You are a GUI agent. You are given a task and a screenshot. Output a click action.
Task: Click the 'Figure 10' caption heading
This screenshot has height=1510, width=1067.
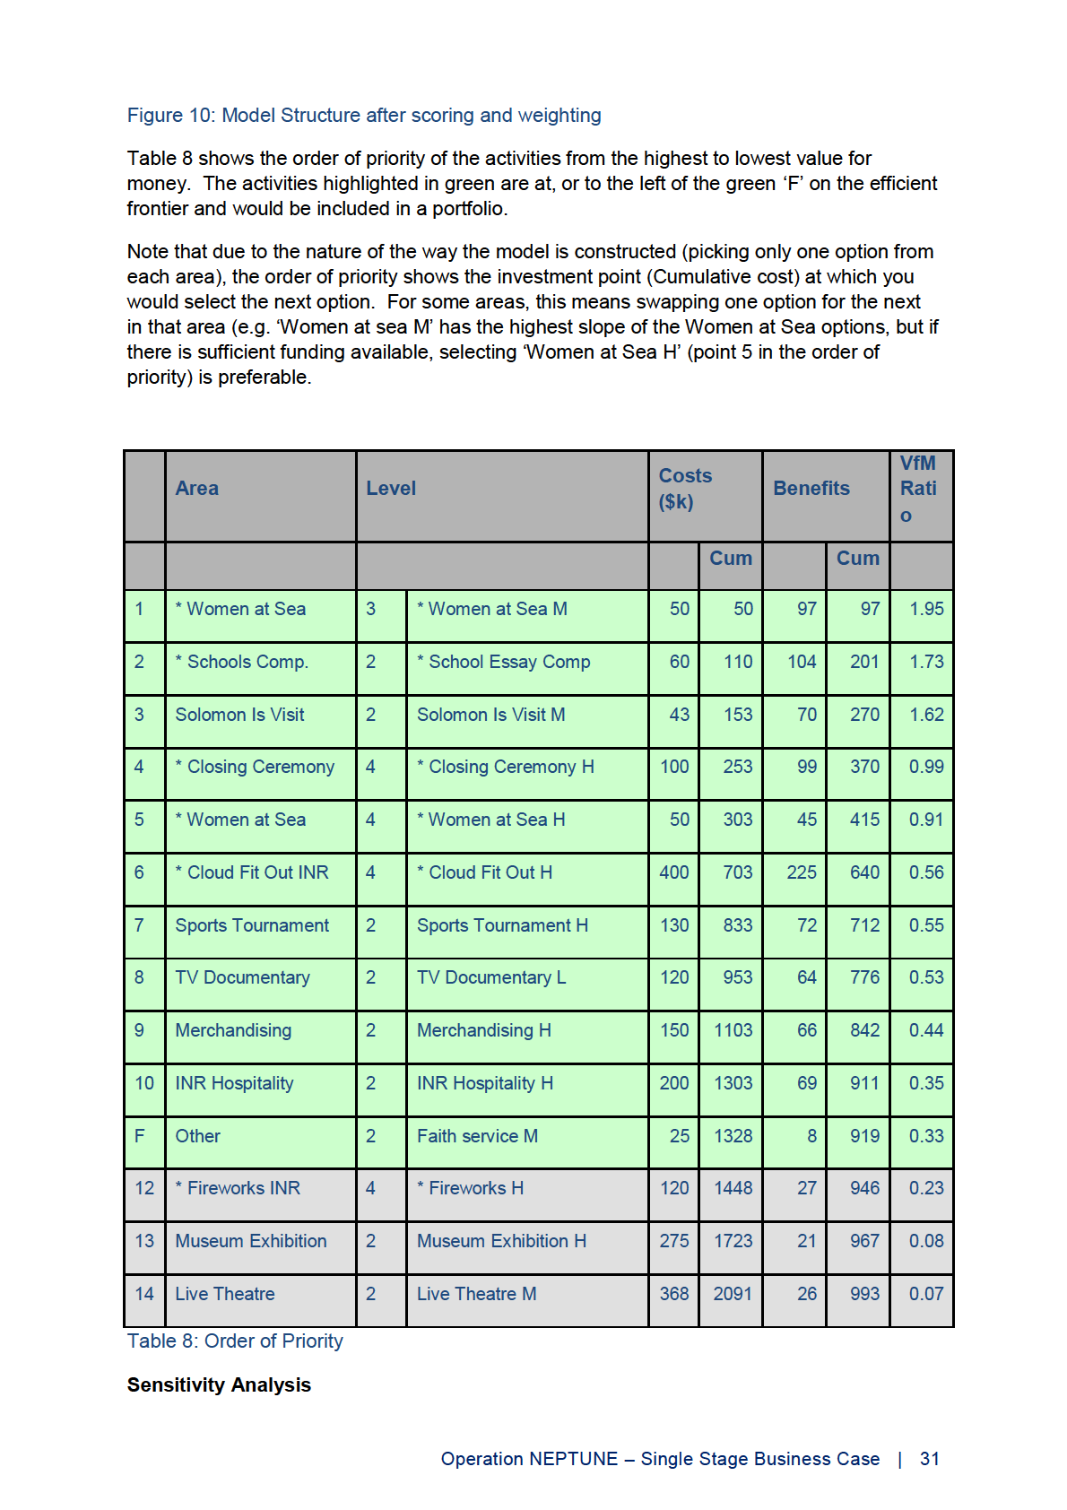363,116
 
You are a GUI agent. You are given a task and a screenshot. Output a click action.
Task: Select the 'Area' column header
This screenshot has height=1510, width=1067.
197,489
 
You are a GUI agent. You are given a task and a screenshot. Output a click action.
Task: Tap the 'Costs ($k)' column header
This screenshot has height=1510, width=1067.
685,489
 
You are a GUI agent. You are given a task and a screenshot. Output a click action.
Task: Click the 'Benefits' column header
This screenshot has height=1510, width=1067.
811,489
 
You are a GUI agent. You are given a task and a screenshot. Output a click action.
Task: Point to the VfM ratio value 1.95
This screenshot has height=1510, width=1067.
926,610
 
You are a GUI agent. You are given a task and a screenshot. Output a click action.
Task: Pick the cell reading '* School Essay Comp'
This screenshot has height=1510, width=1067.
503,663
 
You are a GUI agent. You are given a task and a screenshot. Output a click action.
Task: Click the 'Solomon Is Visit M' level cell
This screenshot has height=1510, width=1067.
490,716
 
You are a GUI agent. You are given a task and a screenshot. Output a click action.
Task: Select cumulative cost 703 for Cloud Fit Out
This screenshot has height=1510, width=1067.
738,873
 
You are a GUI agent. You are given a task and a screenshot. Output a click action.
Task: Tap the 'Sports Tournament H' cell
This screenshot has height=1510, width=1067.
502,926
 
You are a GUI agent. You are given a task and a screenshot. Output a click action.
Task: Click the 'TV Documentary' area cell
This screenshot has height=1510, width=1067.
242,978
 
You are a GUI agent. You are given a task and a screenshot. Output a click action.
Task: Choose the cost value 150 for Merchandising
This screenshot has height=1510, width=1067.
674,1031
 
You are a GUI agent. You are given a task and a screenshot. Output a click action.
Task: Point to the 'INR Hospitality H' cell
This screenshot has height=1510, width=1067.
484,1084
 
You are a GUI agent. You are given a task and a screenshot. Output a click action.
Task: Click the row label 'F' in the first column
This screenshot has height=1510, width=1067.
140,1136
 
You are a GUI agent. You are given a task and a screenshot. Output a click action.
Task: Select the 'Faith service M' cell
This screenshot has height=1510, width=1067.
477,1137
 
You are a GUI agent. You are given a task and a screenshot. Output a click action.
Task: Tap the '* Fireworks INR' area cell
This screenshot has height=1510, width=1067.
238,1189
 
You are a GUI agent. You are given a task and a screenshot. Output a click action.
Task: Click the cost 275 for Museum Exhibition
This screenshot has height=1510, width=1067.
674,1242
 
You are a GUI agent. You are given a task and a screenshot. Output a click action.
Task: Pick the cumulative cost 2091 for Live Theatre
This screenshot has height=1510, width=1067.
733,1295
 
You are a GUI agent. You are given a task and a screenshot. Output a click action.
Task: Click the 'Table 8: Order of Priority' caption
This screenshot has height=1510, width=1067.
235,1341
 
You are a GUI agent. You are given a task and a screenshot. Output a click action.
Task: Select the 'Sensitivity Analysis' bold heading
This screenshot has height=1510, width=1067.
219,1385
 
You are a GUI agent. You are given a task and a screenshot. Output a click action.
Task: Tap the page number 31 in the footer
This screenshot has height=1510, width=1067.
930,1460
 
